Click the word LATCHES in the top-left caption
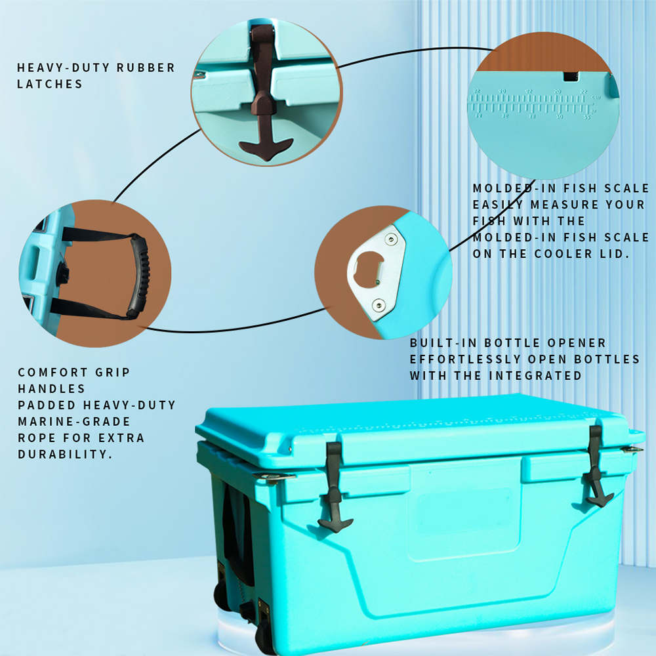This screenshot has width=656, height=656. coord(50,84)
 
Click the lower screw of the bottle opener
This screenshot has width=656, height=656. coord(379,303)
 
